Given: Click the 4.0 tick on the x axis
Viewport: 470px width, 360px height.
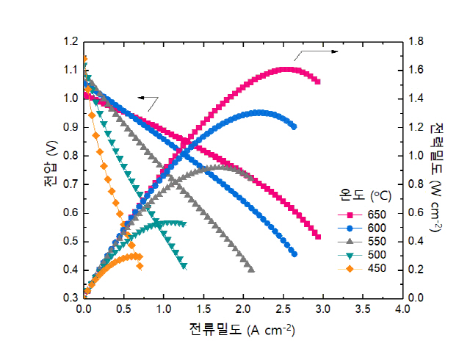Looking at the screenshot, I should pyautogui.click(x=402, y=311).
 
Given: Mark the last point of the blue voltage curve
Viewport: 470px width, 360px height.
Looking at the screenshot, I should pyautogui.click(x=294, y=253).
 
